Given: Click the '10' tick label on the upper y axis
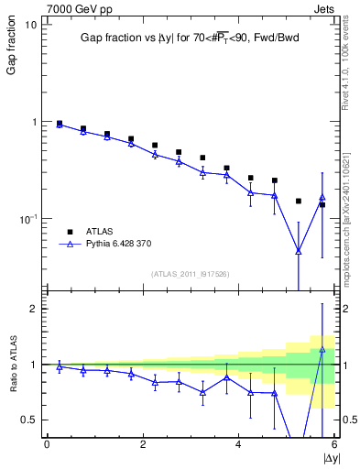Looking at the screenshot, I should tap(29, 25).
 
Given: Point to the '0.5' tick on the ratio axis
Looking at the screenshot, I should tap(28, 420).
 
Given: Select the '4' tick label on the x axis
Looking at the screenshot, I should tap(238, 444).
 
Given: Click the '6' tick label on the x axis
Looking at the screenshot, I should tap(333, 444).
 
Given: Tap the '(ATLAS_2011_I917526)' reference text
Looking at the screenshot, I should tap(190, 274).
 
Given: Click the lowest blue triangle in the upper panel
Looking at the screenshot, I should tap(299, 250).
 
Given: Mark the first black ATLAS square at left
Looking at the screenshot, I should tap(60, 123).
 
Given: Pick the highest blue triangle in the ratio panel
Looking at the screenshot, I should tap(322, 350).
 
